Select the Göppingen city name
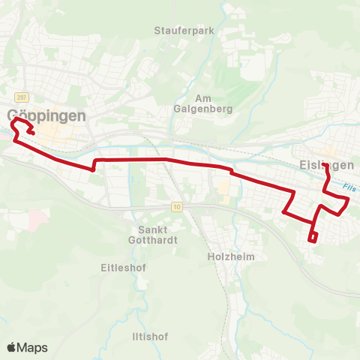(46, 115)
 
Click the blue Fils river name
(346, 188)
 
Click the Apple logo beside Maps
(11, 347)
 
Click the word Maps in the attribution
(33, 347)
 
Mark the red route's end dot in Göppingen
(32, 133)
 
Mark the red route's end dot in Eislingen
(324, 165)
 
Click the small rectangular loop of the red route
(313, 238)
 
